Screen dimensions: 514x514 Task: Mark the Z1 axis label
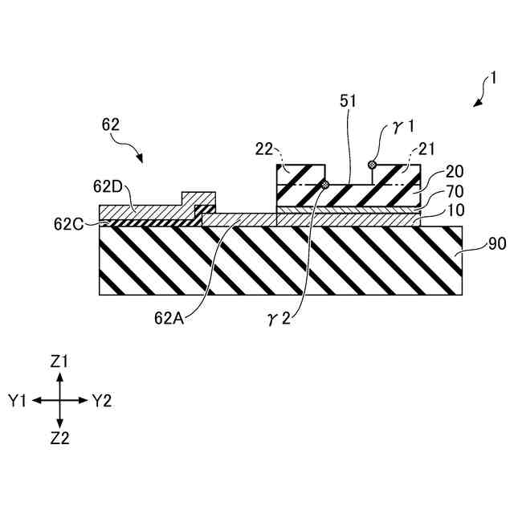pyautogui.click(x=59, y=362)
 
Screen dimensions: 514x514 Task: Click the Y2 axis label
pyautogui.click(x=101, y=400)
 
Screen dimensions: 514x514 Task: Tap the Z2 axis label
pyautogui.click(x=59, y=438)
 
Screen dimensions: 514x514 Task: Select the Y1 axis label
pyautogui.click(x=18, y=400)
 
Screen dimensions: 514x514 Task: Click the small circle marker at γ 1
pyautogui.click(x=371, y=165)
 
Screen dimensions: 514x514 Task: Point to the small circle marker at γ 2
pyautogui.click(x=324, y=186)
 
